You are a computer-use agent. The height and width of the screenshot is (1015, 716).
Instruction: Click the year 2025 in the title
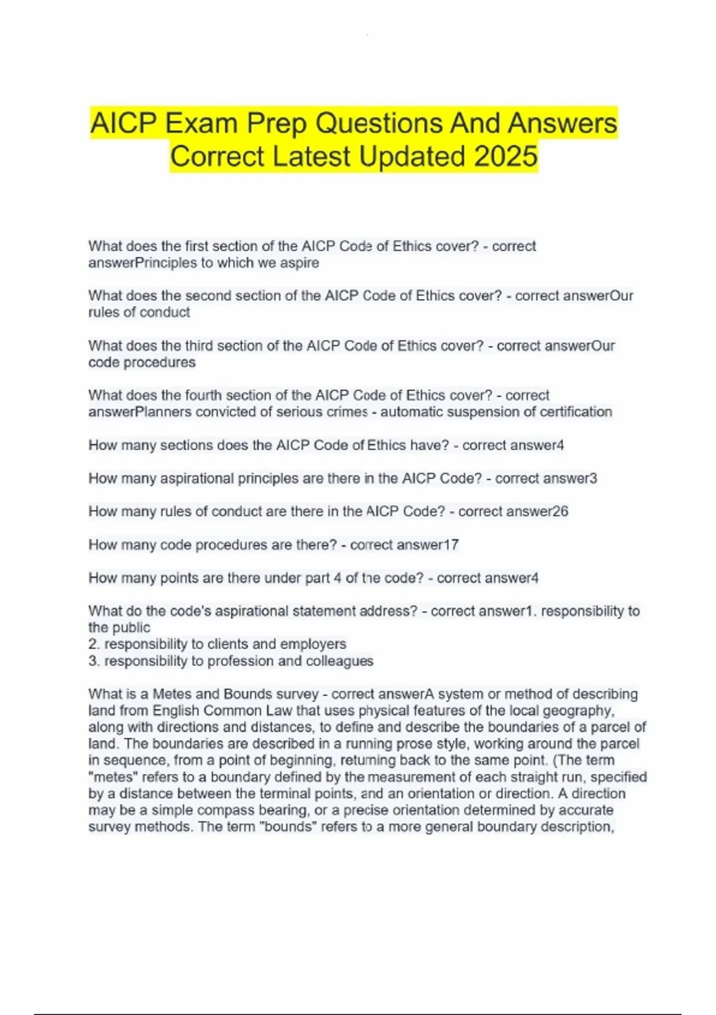point(506,156)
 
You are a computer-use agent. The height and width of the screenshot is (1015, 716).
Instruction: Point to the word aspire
point(300,263)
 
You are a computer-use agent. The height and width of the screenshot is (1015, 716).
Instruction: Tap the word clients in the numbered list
point(228,644)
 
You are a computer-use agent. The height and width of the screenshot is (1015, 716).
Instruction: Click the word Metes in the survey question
point(171,694)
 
